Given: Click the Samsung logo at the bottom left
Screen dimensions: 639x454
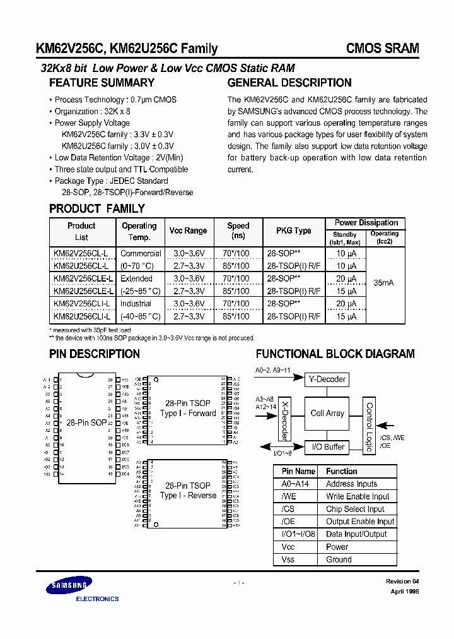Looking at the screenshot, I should (68, 588).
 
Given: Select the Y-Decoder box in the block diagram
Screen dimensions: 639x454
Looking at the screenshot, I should (327, 379).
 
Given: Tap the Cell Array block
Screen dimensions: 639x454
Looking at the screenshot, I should (327, 414).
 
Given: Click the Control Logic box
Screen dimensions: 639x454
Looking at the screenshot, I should (370, 427).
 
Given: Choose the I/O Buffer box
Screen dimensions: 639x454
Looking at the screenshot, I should (327, 447).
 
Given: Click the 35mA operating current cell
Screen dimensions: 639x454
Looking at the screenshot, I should (385, 284).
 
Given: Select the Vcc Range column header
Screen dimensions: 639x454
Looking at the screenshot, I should (187, 231).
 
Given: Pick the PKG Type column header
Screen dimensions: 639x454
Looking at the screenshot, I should (293, 231).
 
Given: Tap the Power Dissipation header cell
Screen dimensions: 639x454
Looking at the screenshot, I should (366, 223).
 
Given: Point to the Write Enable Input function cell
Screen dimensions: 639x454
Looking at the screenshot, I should (358, 496).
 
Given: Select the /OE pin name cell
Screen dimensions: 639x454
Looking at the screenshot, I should (289, 522).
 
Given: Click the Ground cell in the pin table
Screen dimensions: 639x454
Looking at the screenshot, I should (339, 559).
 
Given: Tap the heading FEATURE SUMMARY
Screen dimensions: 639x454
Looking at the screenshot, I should (102, 83).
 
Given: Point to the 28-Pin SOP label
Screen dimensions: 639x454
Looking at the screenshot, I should (86, 422).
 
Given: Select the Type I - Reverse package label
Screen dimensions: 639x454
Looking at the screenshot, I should (188, 496).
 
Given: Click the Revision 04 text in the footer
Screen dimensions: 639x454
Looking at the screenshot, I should (402, 581).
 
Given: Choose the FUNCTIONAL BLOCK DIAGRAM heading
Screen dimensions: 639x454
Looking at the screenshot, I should (335, 354).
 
